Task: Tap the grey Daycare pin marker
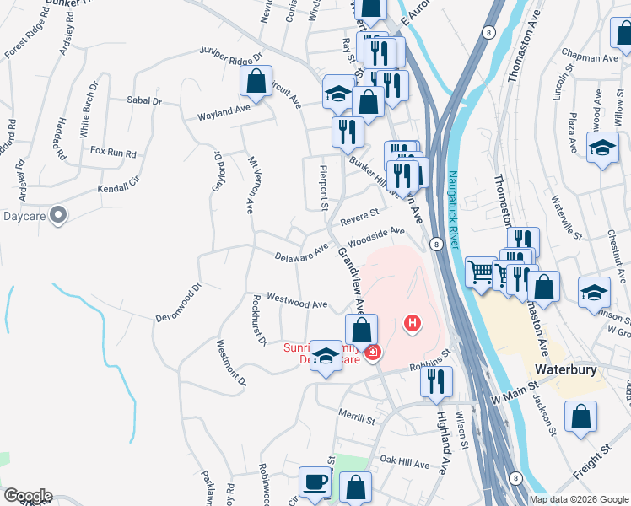pyautogui.click(x=58, y=216)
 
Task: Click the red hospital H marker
pyautogui.click(x=413, y=322)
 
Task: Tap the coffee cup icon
pyautogui.click(x=315, y=482)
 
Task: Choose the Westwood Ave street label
pyautogui.click(x=297, y=301)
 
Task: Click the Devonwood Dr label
pyautogui.click(x=180, y=305)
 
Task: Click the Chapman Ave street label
pyautogui.click(x=592, y=58)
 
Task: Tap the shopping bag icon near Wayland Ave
pyautogui.click(x=256, y=81)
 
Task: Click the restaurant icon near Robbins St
pyautogui.click(x=436, y=381)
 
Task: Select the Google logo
pyautogui.click(x=28, y=496)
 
